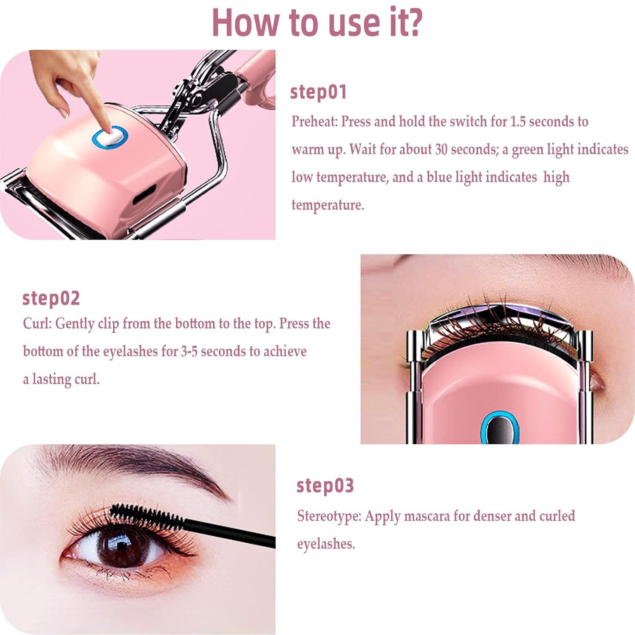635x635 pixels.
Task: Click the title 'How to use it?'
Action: [x=317, y=23]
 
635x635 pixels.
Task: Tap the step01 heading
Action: [x=319, y=92]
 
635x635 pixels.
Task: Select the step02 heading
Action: [x=51, y=298]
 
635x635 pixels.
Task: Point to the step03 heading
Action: [x=325, y=486]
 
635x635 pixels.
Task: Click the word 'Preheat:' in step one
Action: [x=314, y=121]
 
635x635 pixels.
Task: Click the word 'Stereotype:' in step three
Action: [x=329, y=516]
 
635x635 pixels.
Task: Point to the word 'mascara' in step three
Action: [x=426, y=516]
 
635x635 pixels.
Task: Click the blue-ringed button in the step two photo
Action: [x=500, y=428]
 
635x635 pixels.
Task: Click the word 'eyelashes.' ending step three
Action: [x=326, y=544]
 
